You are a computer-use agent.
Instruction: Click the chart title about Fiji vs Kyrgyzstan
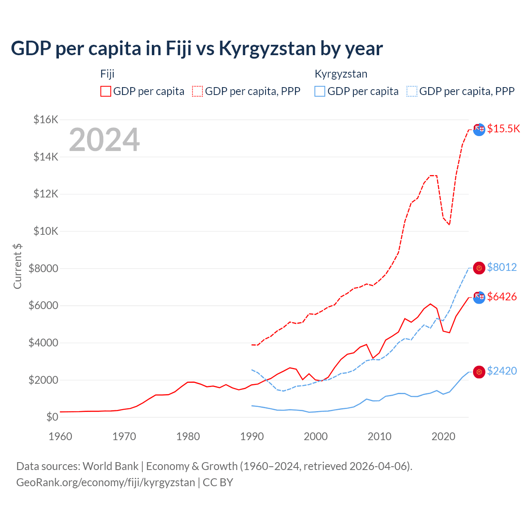pos(197,49)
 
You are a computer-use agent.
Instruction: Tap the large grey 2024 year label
pos(104,140)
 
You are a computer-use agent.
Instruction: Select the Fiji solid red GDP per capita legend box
pos(106,91)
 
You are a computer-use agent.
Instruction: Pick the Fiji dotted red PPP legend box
pos(197,91)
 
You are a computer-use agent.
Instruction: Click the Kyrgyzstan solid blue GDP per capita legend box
pos(320,91)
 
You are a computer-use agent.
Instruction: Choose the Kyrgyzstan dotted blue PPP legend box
pos(412,91)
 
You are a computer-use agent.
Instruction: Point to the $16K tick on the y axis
pos(46,120)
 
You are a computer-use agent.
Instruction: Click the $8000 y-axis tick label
pos(44,268)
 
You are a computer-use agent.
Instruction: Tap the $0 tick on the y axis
pos(52,417)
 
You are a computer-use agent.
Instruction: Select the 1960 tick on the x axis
pos(61,436)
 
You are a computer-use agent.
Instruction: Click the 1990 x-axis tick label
pos(252,436)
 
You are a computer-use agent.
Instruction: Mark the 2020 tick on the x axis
pos(443,436)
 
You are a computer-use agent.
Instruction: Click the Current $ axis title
pos(17,266)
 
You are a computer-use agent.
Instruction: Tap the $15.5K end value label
pos(503,129)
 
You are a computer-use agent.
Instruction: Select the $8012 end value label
pos(502,267)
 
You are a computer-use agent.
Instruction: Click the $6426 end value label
pos(502,297)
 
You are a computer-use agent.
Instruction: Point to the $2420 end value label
pos(502,371)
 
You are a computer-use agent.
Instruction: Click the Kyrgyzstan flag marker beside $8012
pos(479,268)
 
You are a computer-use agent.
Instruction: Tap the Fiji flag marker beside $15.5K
pos(479,129)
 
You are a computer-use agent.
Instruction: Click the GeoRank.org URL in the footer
pos(105,482)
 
